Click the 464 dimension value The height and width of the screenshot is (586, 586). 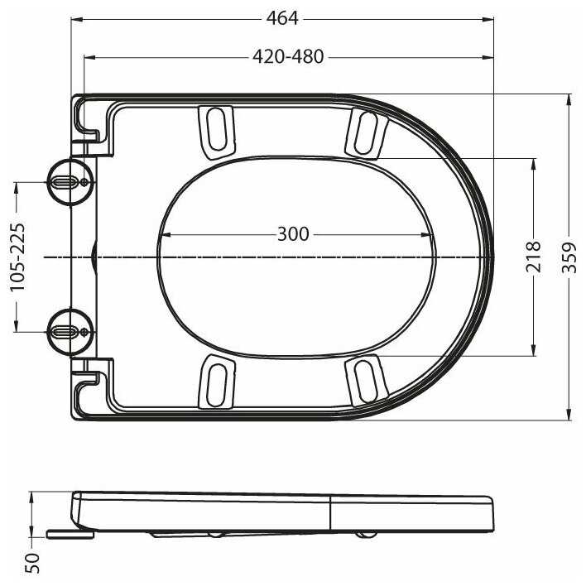pos(282,18)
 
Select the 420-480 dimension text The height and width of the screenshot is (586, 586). pos(288,57)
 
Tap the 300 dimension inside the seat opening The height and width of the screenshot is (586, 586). pos(293,234)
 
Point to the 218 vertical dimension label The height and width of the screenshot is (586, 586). pos(533,257)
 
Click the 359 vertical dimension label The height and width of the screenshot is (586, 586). pos(569,257)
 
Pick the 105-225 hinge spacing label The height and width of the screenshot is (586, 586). pos(17,257)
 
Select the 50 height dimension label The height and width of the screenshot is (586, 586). pos(32,563)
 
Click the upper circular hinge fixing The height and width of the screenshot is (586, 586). pos(70,182)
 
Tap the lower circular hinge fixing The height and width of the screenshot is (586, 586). pos(70,332)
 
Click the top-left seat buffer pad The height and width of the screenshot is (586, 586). pos(217,132)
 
